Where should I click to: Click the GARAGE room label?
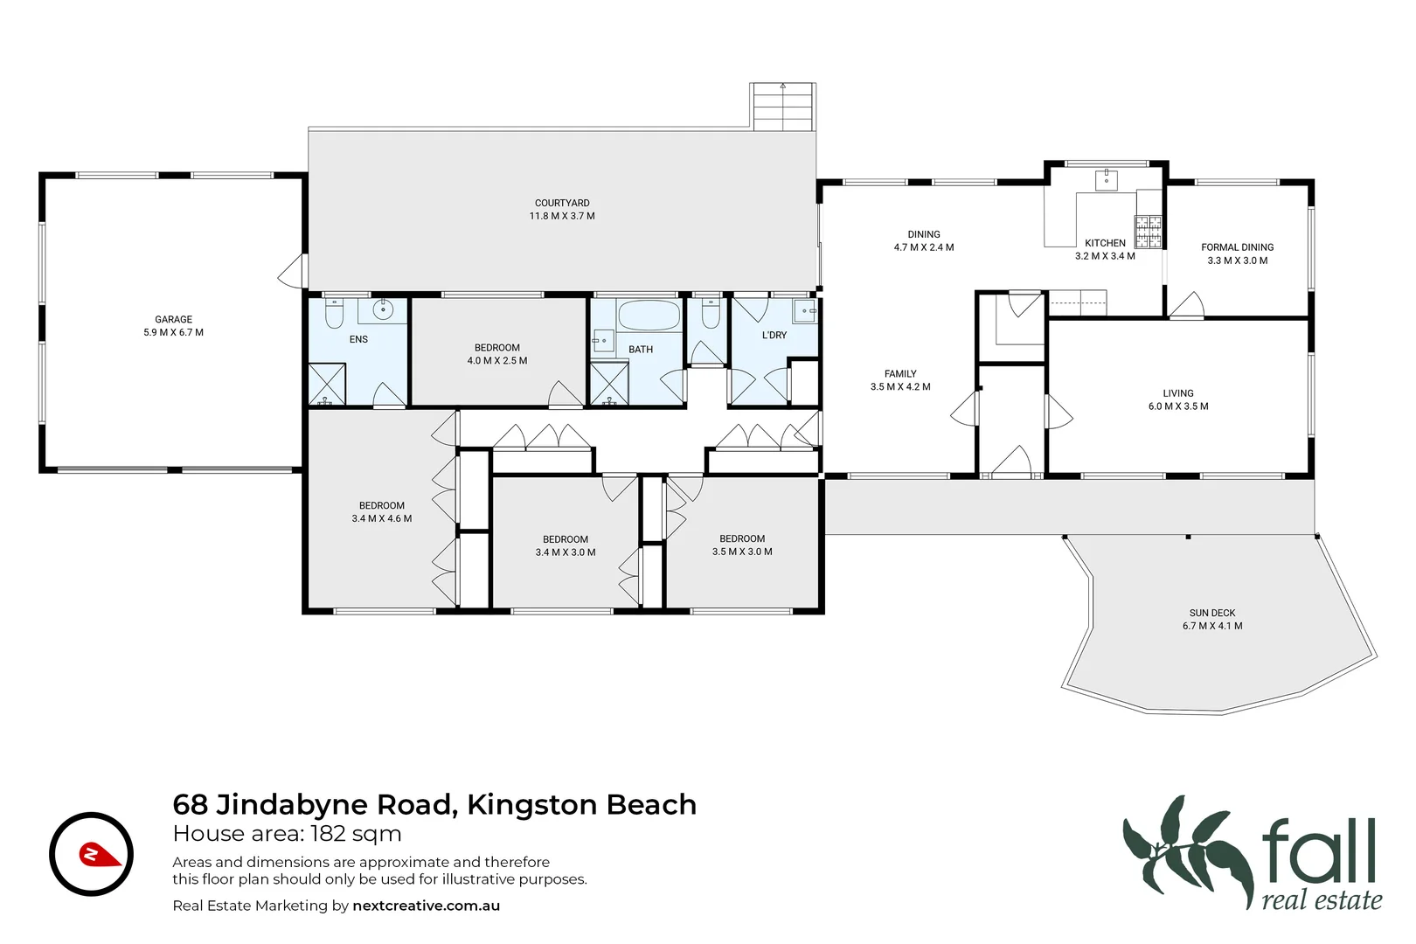(x=173, y=319)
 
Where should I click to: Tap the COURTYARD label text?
(x=562, y=203)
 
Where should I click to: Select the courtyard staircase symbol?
(x=782, y=107)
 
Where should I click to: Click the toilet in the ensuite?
(x=333, y=312)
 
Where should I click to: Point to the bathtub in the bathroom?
(x=649, y=315)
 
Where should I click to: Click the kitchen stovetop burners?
(x=1149, y=232)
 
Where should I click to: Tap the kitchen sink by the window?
(x=1107, y=179)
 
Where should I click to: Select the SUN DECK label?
(x=1212, y=613)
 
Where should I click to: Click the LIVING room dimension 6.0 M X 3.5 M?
(x=1178, y=406)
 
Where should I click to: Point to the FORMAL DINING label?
(x=1237, y=247)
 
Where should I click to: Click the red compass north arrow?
(x=100, y=854)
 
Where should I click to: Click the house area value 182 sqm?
(x=356, y=834)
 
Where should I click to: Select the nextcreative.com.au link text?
(x=426, y=906)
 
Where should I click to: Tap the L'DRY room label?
(x=774, y=335)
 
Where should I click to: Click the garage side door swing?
(x=291, y=271)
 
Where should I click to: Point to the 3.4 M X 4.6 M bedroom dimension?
(x=382, y=518)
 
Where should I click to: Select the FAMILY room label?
(x=900, y=374)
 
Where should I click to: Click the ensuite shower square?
(x=327, y=385)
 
